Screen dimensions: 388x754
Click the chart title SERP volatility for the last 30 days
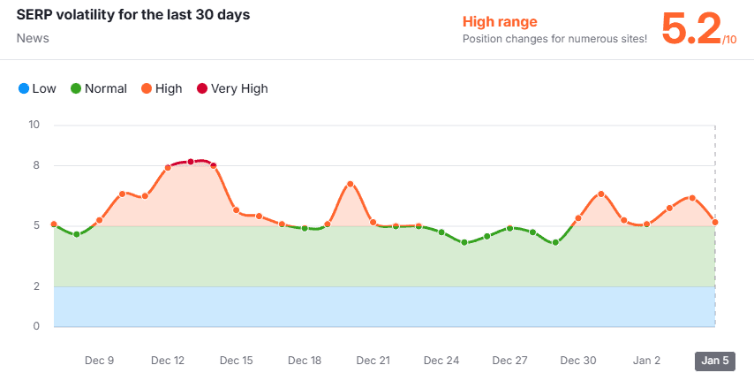[x=132, y=16]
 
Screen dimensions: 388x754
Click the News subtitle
[x=33, y=39]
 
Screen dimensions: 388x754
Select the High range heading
[x=500, y=22]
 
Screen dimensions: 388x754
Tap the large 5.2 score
[x=690, y=29]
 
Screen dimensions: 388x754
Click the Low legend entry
[x=37, y=88]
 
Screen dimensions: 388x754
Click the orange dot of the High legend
[x=146, y=88]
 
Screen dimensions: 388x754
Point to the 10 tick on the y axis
[x=34, y=125]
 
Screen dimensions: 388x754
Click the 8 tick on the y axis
[x=36, y=165]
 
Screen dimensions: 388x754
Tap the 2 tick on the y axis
[x=36, y=286]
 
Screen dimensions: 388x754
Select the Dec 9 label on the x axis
[x=99, y=361]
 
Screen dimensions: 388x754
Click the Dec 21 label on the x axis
[x=373, y=361]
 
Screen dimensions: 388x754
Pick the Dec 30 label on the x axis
[x=578, y=361]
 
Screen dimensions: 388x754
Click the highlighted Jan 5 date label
[x=714, y=361]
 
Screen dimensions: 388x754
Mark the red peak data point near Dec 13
[x=191, y=162]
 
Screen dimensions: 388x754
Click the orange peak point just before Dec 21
[x=351, y=184]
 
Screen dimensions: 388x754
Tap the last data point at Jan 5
[x=715, y=222]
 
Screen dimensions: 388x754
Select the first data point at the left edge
[x=54, y=224]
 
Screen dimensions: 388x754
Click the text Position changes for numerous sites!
[x=554, y=39]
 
